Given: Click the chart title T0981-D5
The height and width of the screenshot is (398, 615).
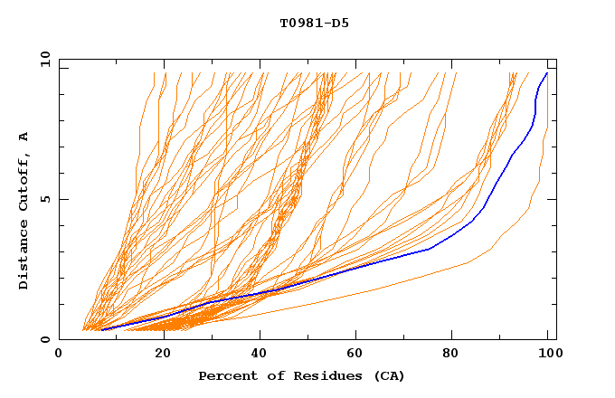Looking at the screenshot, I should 314,24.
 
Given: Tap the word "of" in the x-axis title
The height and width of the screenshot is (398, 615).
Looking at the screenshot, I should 267,375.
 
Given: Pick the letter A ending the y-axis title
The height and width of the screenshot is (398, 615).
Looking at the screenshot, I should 24,137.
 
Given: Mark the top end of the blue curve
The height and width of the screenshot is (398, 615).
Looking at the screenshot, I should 546,73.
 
